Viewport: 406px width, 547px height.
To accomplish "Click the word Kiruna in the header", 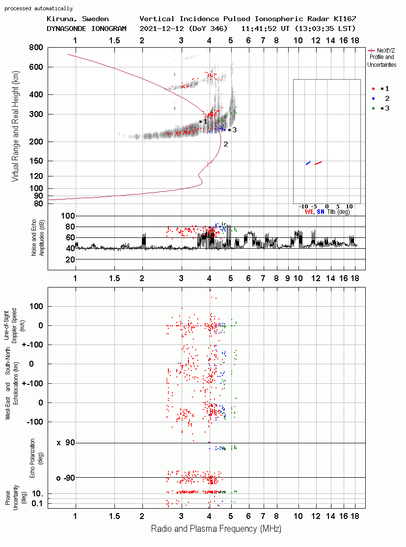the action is pos(59,19).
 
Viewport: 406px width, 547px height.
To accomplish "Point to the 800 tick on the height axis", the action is pos(36,48).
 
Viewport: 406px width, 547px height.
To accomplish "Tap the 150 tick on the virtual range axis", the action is pos(36,161).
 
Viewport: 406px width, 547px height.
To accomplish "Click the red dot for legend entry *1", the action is pos(373,89).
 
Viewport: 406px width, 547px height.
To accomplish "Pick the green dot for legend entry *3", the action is pos(373,109).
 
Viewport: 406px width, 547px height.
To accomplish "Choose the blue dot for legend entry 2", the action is pos(373,99).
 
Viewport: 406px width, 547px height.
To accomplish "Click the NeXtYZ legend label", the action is pos(386,51).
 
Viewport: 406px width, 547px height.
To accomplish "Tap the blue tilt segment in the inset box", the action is pos(308,163).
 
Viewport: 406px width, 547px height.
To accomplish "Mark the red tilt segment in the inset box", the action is pos(318,163).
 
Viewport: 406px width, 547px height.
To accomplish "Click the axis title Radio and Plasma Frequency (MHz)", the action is pos(216,529).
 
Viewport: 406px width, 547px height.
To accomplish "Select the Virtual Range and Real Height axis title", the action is pos(15,126).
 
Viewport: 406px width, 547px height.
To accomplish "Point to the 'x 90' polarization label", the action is pos(66,443).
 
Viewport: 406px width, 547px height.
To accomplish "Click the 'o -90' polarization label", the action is pos(65,478).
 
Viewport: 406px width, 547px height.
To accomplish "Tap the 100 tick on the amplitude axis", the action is pos(68,216).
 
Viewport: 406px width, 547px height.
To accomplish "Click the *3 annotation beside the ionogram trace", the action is pos(232,130).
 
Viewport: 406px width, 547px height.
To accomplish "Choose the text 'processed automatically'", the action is pos(38,8).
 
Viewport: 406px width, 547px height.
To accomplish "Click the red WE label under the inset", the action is pos(309,212).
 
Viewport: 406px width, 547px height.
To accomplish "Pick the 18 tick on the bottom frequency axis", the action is pos(355,516).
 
